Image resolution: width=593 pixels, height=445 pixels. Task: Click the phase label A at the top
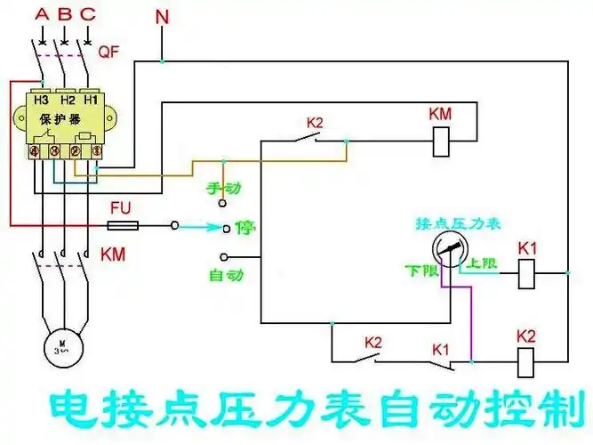(41, 15)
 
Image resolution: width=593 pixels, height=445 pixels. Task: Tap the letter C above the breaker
(87, 15)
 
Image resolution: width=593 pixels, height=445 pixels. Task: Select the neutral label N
(161, 17)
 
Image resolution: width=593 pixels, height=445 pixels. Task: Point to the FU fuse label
(121, 207)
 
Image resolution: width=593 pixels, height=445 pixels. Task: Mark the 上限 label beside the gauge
(482, 263)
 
